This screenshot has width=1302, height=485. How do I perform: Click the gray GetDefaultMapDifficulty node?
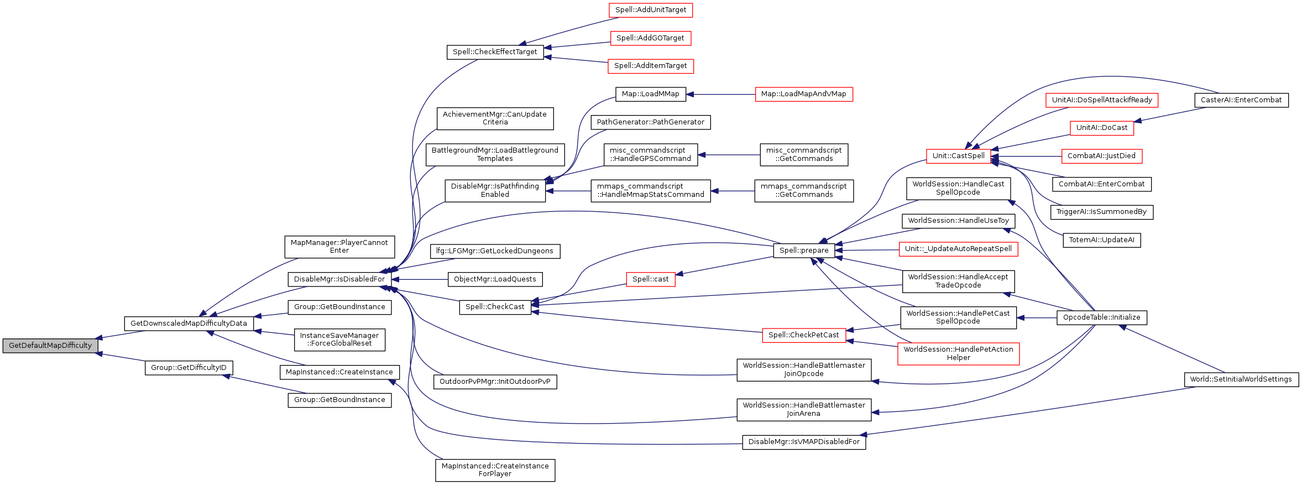click(x=50, y=346)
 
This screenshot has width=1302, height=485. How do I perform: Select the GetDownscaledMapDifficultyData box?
click(x=189, y=324)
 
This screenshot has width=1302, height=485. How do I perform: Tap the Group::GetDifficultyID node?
click(x=189, y=368)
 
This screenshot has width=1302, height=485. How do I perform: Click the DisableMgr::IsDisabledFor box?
click(x=339, y=279)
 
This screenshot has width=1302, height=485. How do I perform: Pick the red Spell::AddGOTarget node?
click(x=650, y=38)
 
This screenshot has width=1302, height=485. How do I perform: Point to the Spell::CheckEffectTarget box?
click(x=495, y=52)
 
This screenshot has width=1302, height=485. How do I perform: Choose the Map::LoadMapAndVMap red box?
click(x=803, y=94)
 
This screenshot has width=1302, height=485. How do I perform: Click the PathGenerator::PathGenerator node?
click(x=650, y=122)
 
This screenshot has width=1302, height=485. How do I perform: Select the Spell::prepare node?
click(x=803, y=251)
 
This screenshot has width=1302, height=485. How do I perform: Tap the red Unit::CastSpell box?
click(x=958, y=156)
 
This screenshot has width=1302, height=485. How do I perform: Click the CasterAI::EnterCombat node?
click(x=1241, y=100)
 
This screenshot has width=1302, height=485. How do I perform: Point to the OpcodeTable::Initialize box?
click(x=1101, y=317)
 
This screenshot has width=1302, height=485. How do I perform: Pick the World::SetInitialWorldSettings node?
click(x=1241, y=379)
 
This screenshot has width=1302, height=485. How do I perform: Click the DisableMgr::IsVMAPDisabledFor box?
click(x=803, y=442)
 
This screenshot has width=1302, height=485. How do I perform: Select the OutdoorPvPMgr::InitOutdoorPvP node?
click(x=495, y=382)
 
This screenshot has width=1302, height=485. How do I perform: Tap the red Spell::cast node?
click(x=650, y=279)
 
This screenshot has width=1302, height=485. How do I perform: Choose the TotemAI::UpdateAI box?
click(x=1101, y=240)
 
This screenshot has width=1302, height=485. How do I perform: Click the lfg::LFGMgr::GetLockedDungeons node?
click(x=495, y=251)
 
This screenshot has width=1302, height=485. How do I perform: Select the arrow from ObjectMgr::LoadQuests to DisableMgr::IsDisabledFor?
click(x=420, y=280)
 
